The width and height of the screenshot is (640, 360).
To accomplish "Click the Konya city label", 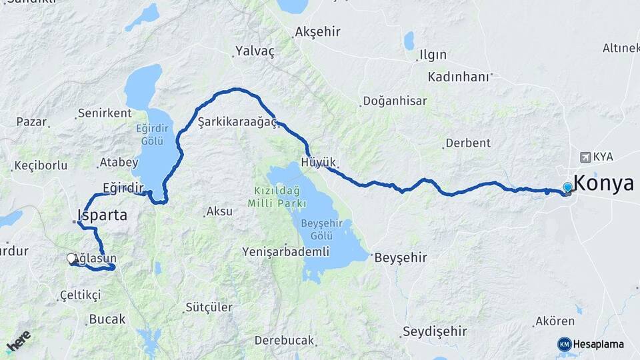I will [x=603, y=183].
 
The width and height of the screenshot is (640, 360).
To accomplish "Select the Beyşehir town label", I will [x=401, y=257].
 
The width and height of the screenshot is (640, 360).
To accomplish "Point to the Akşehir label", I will [x=317, y=31].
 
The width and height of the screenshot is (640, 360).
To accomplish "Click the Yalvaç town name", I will [x=255, y=51].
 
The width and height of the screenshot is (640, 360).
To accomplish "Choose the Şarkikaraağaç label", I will [x=237, y=122].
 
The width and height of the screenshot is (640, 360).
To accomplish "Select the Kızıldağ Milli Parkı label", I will [x=279, y=197].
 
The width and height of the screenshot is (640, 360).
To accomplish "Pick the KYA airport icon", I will [x=585, y=157].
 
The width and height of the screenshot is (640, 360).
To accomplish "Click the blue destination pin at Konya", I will [x=567, y=188].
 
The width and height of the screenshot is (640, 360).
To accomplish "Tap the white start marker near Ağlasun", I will [x=72, y=259].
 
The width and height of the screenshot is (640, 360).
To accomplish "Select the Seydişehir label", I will [x=435, y=331].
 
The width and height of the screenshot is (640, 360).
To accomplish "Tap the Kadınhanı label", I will [x=459, y=76].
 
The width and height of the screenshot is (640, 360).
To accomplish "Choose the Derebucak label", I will [x=284, y=340].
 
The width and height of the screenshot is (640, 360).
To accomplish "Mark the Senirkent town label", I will [x=105, y=113].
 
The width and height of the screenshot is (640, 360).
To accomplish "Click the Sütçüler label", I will [x=208, y=307].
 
